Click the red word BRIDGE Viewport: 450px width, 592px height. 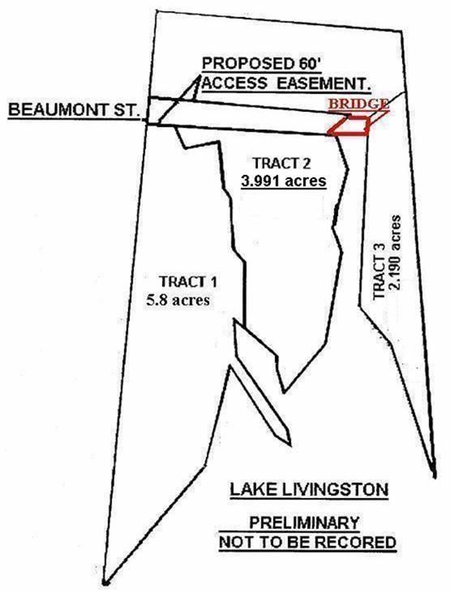pos(358,104)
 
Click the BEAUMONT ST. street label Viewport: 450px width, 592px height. pos(72,110)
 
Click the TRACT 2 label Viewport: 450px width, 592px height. pos(281,163)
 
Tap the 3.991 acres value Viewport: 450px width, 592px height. pos(284,181)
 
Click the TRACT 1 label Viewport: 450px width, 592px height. pos(188,282)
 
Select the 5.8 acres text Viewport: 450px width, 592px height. pos(178,300)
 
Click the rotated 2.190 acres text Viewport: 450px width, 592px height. pos(395,252)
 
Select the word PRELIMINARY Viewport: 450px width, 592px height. pos(304,523)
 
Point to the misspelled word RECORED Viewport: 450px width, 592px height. pos(355,543)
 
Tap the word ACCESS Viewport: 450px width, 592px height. pos(236,83)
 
